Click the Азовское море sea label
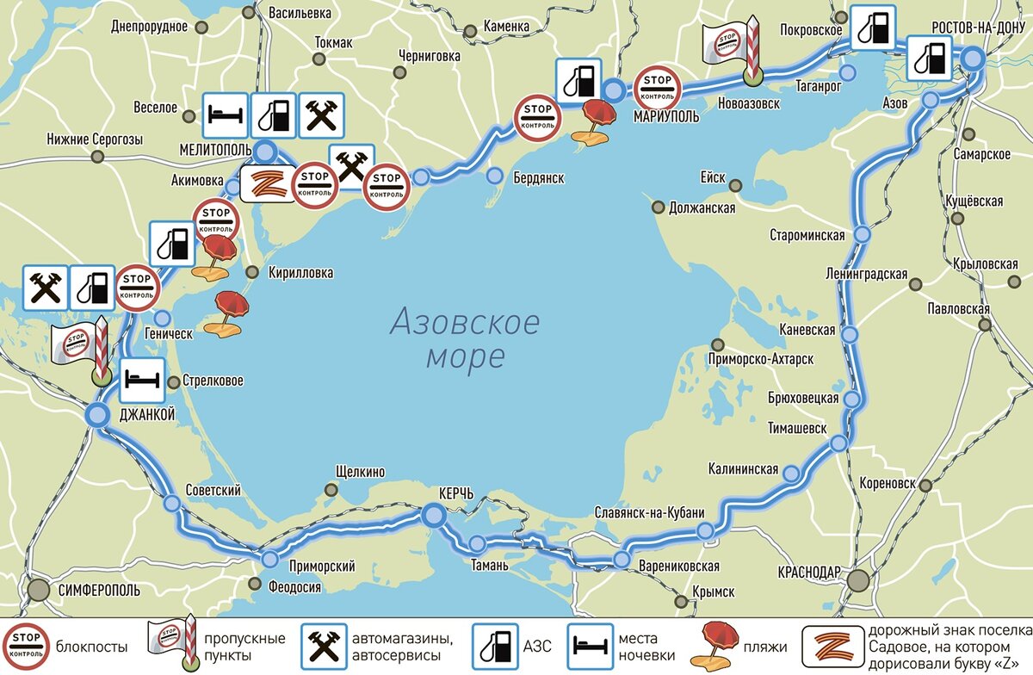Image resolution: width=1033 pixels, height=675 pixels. pos(465,339)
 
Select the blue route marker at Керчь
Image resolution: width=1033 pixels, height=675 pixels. pos(434,515)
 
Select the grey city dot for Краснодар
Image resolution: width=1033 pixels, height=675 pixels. pos(858,580)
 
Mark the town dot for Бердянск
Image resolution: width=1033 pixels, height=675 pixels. pos(494,176)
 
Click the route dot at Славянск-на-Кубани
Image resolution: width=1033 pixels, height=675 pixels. pos(705,531)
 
